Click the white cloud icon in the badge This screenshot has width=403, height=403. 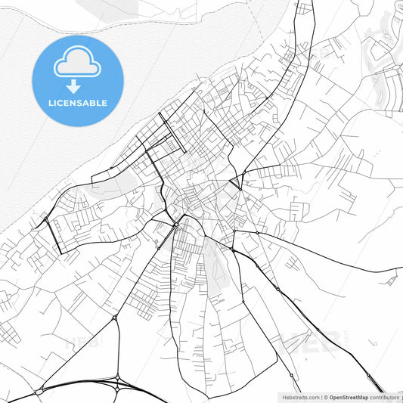[x=77, y=64]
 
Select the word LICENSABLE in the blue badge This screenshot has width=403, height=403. [x=77, y=103]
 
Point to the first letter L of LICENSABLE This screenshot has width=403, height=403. [x=49, y=103]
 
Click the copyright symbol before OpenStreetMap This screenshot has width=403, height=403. [x=326, y=397]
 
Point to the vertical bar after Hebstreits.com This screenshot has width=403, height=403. [x=321, y=397]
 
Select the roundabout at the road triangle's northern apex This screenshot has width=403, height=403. [x=115, y=318]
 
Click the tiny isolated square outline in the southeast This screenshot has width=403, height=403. [x=391, y=281]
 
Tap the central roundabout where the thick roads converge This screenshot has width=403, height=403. [x=176, y=224]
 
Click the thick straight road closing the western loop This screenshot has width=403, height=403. [x=52, y=235]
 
